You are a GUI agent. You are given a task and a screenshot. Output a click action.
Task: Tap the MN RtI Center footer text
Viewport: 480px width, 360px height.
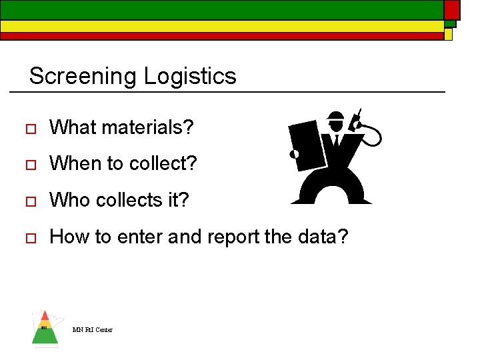point(93,330)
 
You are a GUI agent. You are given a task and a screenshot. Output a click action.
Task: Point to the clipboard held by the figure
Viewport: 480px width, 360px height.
point(307,144)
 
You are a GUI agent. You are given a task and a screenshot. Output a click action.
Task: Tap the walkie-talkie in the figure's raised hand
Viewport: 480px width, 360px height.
point(357,120)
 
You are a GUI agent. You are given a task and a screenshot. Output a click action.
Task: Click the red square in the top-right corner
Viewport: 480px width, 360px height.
point(452,9)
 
